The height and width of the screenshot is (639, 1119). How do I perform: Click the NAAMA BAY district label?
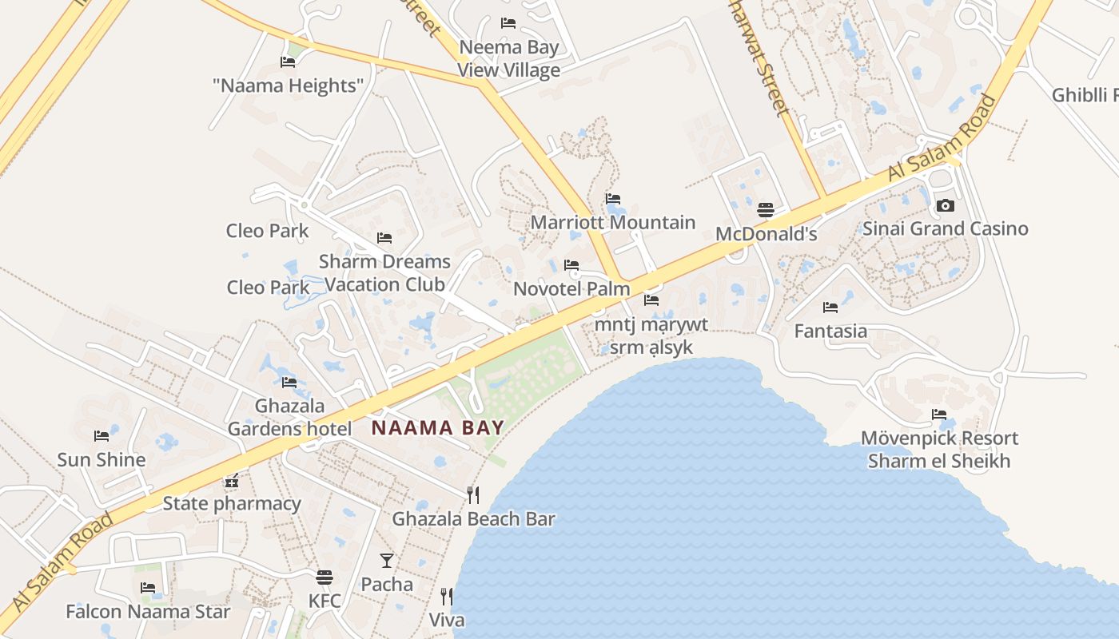[x=438, y=427]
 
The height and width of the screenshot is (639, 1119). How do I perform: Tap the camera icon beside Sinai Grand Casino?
[x=945, y=206]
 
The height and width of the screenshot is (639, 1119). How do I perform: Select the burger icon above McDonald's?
[x=766, y=210]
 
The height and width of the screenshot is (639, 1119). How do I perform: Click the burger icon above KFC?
[x=325, y=577]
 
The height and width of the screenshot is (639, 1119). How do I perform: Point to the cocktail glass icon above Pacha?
[x=387, y=561]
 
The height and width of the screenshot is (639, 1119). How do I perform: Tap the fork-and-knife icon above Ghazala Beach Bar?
[x=473, y=495]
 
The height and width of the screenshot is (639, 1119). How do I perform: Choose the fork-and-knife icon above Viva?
[x=447, y=597]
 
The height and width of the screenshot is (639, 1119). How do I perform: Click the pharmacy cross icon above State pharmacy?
[x=232, y=482]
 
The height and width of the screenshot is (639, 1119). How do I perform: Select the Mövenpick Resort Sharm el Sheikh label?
[x=939, y=450]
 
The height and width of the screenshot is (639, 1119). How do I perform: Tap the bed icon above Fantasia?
[x=830, y=307]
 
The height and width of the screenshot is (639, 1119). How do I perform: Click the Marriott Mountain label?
[x=613, y=223]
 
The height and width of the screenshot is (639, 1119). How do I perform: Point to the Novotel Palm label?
[x=571, y=288]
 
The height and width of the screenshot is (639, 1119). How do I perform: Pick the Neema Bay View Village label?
[x=508, y=59]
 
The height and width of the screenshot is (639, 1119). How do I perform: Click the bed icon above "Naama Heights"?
[x=288, y=62]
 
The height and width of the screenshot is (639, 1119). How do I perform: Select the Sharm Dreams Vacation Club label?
[x=384, y=272]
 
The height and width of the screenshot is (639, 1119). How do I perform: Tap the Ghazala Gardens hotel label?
[x=289, y=417]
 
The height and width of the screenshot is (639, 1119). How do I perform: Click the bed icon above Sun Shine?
[x=102, y=436]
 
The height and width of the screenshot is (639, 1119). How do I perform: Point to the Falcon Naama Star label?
[x=148, y=612]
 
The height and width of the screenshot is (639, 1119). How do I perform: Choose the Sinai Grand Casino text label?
[x=945, y=229]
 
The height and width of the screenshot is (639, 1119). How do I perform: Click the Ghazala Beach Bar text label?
[x=473, y=519]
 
